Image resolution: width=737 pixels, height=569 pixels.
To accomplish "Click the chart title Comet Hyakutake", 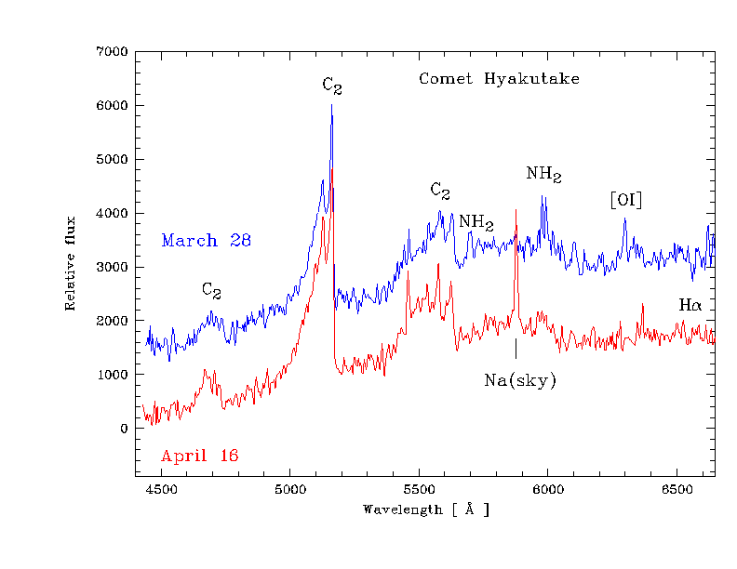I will [499, 79].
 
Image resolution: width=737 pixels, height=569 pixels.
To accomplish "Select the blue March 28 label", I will [206, 241].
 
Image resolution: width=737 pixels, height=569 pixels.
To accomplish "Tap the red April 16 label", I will [199, 456].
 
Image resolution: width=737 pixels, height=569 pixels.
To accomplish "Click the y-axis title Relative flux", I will [70, 268].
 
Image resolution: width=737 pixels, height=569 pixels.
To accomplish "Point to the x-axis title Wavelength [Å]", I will [425, 509].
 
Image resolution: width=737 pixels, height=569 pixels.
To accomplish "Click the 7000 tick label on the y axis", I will [112, 52].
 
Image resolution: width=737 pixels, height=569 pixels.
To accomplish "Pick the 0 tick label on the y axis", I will [123, 429].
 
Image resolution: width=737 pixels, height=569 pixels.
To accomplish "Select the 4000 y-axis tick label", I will [112, 214].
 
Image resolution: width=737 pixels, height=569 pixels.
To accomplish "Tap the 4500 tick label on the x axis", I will [161, 489].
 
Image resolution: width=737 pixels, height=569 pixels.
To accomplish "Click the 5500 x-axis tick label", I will [419, 489].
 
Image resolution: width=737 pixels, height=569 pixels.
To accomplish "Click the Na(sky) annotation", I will [520, 380].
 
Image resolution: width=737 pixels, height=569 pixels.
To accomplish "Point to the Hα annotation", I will [690, 305].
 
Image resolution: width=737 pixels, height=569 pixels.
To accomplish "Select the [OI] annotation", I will [625, 200].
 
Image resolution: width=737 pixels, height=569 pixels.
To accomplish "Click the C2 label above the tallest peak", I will [332, 86].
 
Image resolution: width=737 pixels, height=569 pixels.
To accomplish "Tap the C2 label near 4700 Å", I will [212, 290].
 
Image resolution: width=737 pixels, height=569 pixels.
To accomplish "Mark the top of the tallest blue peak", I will [331, 105].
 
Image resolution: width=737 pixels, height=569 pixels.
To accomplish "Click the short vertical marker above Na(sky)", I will [516, 349].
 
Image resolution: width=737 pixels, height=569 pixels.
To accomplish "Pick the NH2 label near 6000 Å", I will [543, 174].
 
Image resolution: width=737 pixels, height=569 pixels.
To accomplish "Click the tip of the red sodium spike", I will [516, 210].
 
